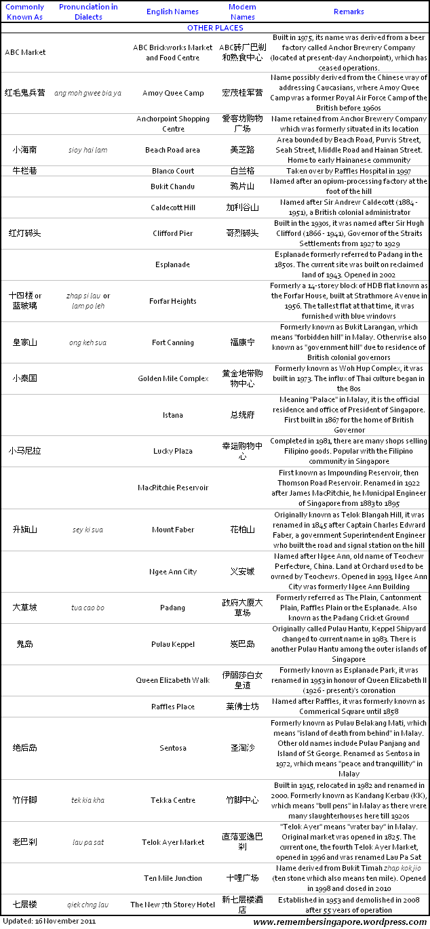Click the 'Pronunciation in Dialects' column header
click(x=87, y=12)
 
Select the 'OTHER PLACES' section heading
click(x=215, y=28)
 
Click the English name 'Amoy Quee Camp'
click(x=173, y=93)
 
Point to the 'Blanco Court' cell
click(x=173, y=171)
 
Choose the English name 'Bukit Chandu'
click(x=173, y=186)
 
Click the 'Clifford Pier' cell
click(x=173, y=233)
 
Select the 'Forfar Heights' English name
click(x=173, y=301)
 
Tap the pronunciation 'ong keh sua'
click(x=87, y=342)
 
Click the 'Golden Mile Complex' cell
click(x=173, y=378)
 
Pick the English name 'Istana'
click(x=173, y=415)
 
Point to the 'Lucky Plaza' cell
click(x=173, y=451)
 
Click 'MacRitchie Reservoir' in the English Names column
click(x=173, y=488)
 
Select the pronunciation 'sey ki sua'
click(x=87, y=530)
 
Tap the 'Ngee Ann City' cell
click(x=173, y=572)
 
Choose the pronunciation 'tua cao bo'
click(x=87, y=608)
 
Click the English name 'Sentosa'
click(x=173, y=748)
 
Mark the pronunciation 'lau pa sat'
click(x=87, y=842)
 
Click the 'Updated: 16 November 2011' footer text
click(x=49, y=921)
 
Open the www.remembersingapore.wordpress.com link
click(x=340, y=922)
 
